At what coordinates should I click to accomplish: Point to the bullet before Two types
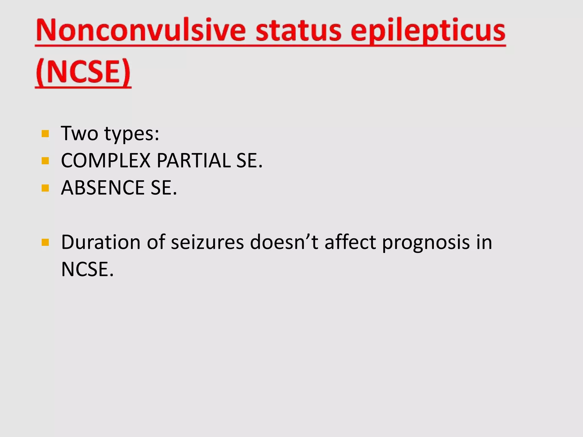pyautogui.click(x=45, y=134)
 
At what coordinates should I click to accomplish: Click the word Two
pyautogui.click(x=79, y=133)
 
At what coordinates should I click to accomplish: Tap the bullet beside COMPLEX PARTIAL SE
pyautogui.click(x=45, y=161)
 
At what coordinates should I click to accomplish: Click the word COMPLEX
pyautogui.click(x=106, y=161)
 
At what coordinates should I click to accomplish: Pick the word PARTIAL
pyautogui.click(x=194, y=161)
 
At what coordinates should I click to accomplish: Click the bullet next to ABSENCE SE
pyautogui.click(x=45, y=188)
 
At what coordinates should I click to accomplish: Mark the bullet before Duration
pyautogui.click(x=45, y=242)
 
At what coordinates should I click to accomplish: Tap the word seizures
pyautogui.click(x=207, y=242)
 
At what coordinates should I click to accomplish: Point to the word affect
pyautogui.click(x=350, y=242)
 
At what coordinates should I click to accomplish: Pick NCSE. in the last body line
pyautogui.click(x=87, y=269)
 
